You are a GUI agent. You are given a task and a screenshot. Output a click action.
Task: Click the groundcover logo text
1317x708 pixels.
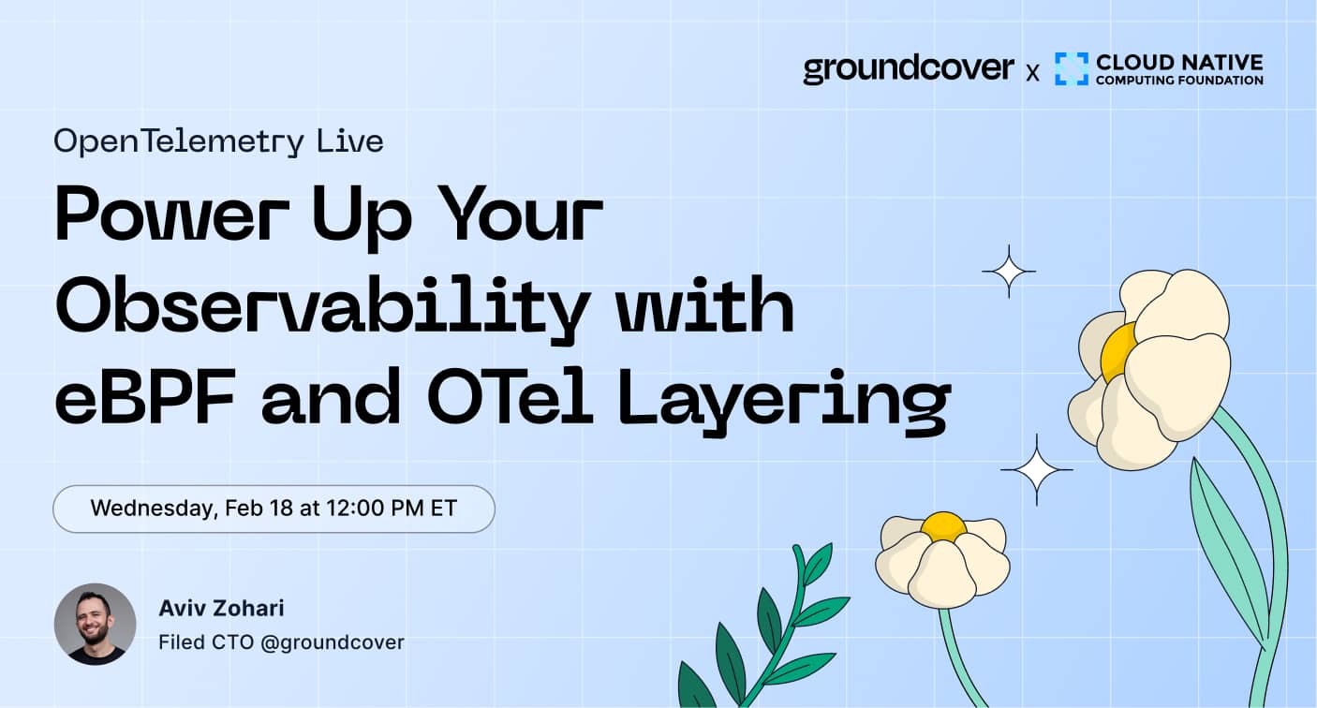tap(908, 68)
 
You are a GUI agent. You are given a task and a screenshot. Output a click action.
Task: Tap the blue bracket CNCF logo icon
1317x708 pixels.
tap(1071, 68)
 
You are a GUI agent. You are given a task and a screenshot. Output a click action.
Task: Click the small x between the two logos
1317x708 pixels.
tap(1032, 72)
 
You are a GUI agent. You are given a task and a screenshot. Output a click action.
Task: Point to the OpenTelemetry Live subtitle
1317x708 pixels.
tap(218, 141)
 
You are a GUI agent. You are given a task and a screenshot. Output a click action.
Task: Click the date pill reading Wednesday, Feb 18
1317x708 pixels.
tap(274, 509)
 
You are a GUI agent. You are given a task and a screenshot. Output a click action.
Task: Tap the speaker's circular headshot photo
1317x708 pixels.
tap(95, 624)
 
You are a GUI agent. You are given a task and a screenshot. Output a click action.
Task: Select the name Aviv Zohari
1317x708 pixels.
tap(221, 608)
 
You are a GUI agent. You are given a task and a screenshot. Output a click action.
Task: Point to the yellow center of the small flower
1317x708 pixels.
tap(942, 526)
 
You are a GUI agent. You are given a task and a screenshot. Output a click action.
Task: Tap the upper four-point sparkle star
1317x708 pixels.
tap(1008, 272)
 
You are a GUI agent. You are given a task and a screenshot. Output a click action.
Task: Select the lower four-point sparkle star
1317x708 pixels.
tap(1036, 469)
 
